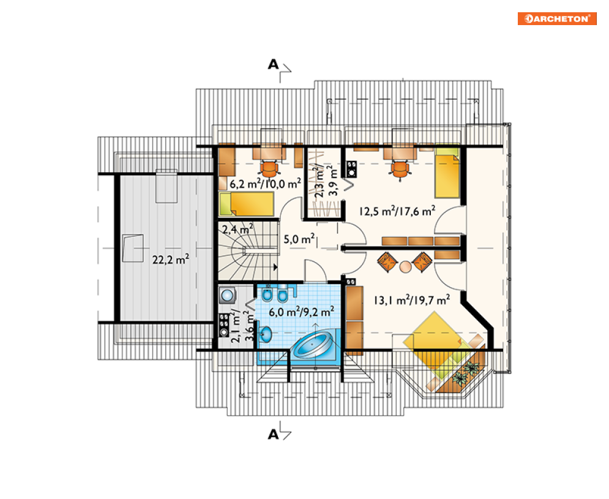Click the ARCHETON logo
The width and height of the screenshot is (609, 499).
pyautogui.click(x=557, y=18)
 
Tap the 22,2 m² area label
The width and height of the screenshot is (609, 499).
pyautogui.click(x=171, y=259)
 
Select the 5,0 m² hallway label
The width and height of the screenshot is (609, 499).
pyautogui.click(x=299, y=239)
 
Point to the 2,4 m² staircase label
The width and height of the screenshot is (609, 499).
pyautogui.click(x=237, y=229)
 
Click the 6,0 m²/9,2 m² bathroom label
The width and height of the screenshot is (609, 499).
pyautogui.click(x=301, y=312)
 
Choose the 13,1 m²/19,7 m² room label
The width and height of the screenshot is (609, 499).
pyautogui.click(x=412, y=300)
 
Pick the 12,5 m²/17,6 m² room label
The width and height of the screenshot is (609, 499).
pyautogui.click(x=397, y=211)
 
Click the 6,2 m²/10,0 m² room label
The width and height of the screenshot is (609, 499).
pyautogui.click(x=265, y=184)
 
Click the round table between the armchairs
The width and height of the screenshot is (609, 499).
pyautogui.click(x=405, y=266)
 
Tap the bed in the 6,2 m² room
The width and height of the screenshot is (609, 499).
pyautogui.click(x=247, y=204)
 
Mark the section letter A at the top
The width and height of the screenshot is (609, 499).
pyautogui.click(x=274, y=64)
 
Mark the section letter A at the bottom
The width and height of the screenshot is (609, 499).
pyautogui.click(x=274, y=434)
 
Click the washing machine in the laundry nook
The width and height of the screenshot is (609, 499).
pyautogui.click(x=227, y=295)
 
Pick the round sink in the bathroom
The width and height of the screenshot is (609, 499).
pyautogui.click(x=265, y=335)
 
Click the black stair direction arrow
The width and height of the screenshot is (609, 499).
pyautogui.click(x=275, y=267)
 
